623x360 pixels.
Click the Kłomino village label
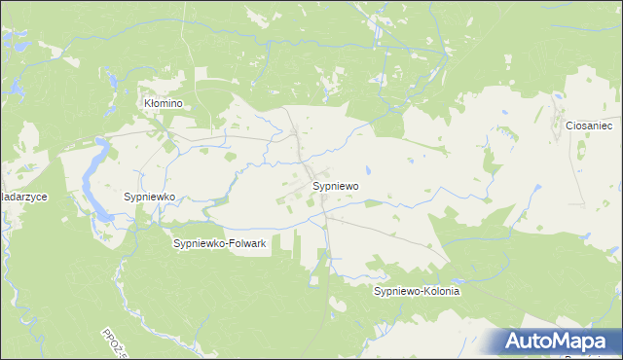click(x=164, y=102)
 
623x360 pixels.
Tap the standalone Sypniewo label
click(x=336, y=185)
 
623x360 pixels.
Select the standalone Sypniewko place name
click(x=149, y=197)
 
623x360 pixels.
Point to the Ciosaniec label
click(x=587, y=126)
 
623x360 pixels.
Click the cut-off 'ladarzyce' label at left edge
click(x=24, y=197)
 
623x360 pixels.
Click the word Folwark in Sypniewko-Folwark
click(x=246, y=243)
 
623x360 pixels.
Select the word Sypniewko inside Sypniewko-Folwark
click(x=199, y=243)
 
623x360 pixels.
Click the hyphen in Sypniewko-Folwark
click(x=226, y=243)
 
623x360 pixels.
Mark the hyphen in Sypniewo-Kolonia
click(x=420, y=291)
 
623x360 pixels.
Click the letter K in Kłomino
click(x=148, y=102)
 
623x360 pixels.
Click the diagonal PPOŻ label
click(x=113, y=341)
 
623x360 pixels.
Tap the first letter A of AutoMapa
click(x=516, y=342)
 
